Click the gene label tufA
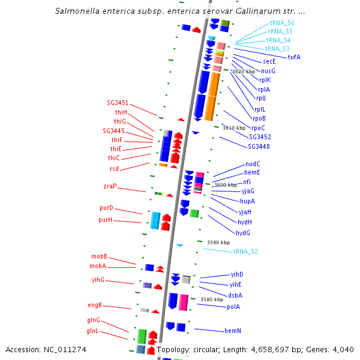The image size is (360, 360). pyautogui.click(x=294, y=57)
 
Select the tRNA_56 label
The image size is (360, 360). pyautogui.click(x=281, y=23)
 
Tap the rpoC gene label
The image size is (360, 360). pyautogui.click(x=258, y=128)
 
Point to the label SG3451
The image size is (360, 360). pyautogui.click(x=118, y=103)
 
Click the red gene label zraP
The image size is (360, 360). pyautogui.click(x=110, y=187)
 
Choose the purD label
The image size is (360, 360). pyautogui.click(x=106, y=209)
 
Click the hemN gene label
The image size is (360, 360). pyautogui.click(x=233, y=331)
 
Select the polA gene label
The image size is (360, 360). pyautogui.click(x=233, y=307)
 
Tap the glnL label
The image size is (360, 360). pyautogui.click(x=93, y=331)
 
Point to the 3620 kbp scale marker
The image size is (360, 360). pyautogui.click(x=243, y=71)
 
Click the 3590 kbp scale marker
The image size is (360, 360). pyautogui.click(x=218, y=242)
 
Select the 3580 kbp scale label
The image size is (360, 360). pyautogui.click(x=212, y=299)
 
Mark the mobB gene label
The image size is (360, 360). pyautogui.click(x=99, y=256)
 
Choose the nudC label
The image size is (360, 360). pyautogui.click(x=253, y=164)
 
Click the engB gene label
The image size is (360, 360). pyautogui.click(x=95, y=305)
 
